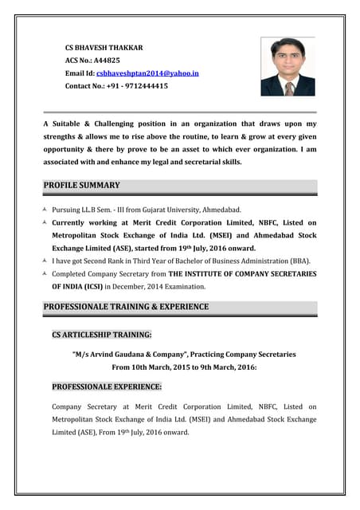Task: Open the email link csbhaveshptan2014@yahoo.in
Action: click(147, 73)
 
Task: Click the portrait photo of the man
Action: click(288, 66)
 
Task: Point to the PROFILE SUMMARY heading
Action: click(81, 186)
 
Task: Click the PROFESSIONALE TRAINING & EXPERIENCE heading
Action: click(126, 307)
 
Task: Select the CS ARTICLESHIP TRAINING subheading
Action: click(102, 335)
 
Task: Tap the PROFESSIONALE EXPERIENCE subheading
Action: click(107, 386)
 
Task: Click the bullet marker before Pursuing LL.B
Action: click(45, 210)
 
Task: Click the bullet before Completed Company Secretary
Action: click(45, 274)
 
